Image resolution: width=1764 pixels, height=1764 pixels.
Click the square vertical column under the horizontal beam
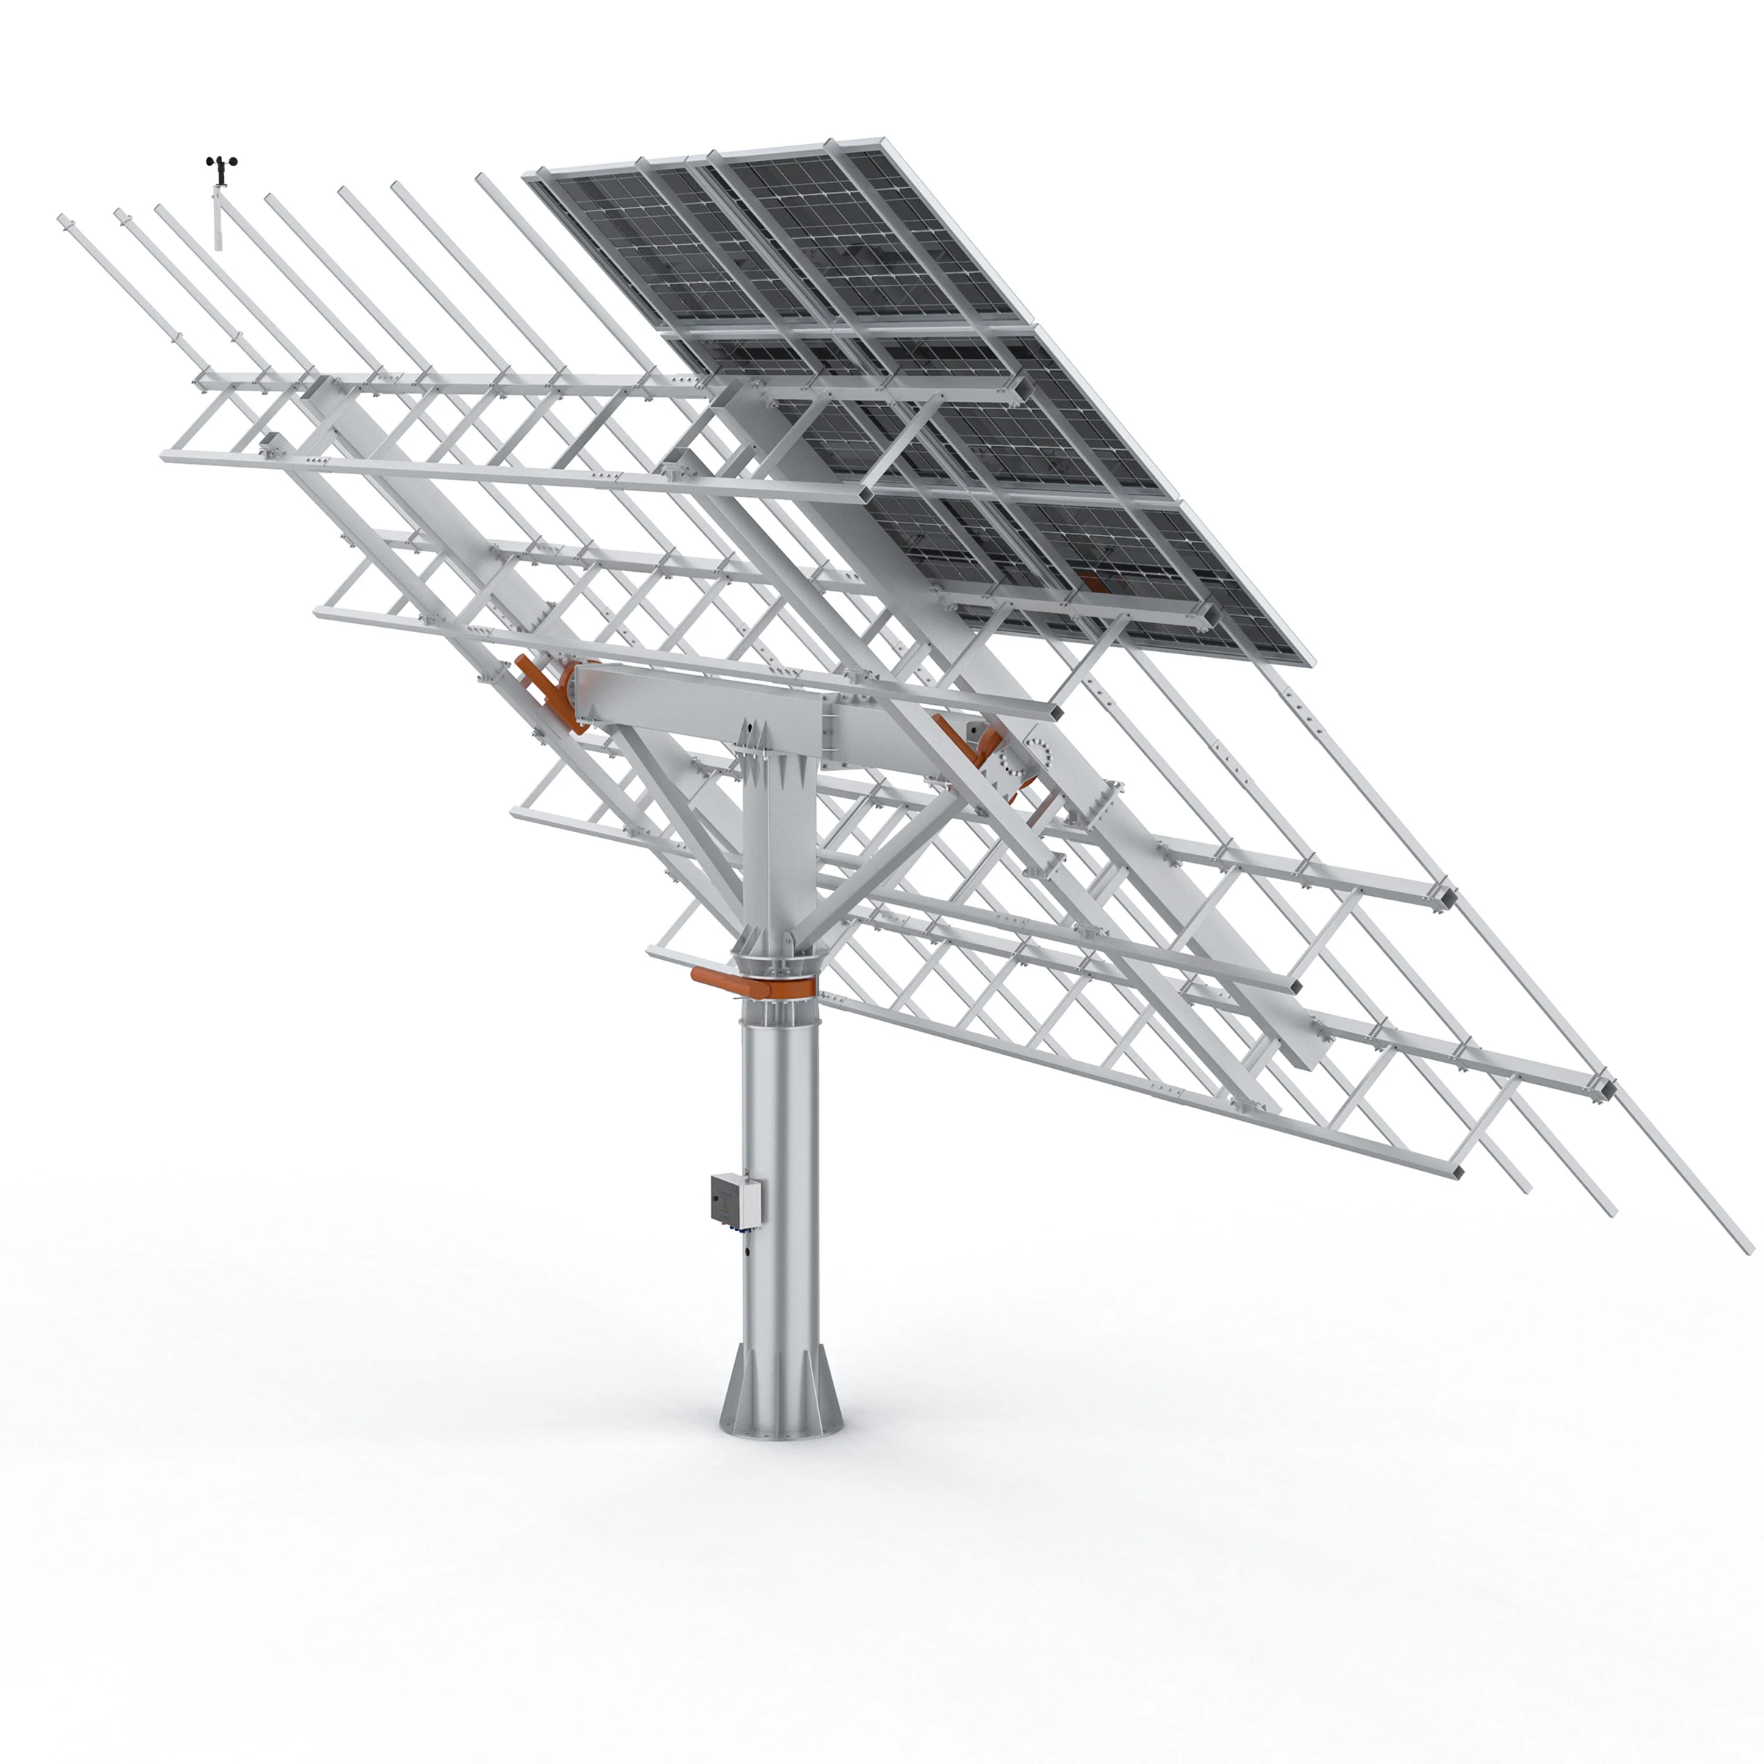pyautogui.click(x=777, y=849)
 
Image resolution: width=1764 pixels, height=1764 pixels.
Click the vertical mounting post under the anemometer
pyautogui.click(x=218, y=219)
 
